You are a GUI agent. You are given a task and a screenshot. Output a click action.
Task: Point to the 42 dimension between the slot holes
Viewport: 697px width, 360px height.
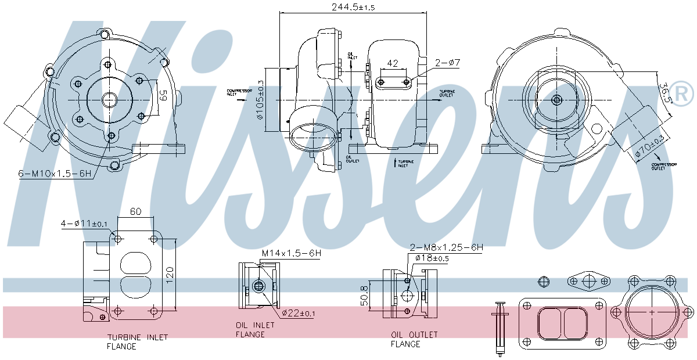tap(393, 63)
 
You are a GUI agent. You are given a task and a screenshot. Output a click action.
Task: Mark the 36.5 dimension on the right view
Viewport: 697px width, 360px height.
tap(664, 92)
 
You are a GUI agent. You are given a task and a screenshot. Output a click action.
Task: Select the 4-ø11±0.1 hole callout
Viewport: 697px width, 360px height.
tap(85, 224)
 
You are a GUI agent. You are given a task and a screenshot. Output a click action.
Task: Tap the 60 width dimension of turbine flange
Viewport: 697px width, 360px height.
tap(135, 212)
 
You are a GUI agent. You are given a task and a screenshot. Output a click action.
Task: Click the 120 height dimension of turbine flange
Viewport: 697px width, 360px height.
tap(170, 274)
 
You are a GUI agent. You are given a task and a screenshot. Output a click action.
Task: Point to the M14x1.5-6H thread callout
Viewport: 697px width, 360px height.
tap(291, 253)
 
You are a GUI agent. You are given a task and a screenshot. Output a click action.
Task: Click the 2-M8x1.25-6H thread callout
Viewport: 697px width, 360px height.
tap(446, 247)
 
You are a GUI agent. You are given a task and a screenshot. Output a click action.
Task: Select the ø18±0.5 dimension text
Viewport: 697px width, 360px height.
tap(430, 258)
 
